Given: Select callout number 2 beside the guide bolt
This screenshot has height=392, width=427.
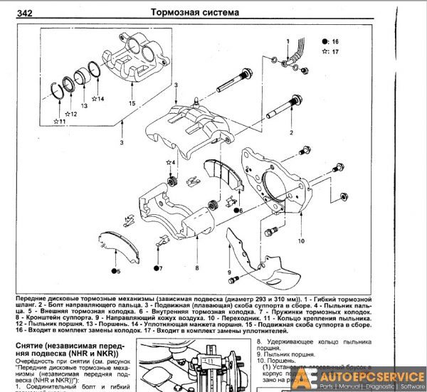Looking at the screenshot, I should tap(290, 132).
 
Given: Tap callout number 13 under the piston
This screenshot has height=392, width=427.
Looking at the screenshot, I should tap(85, 105).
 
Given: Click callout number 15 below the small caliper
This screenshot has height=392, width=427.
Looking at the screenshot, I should tap(131, 104).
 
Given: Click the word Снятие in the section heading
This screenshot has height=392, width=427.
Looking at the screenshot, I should tap(32, 344).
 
